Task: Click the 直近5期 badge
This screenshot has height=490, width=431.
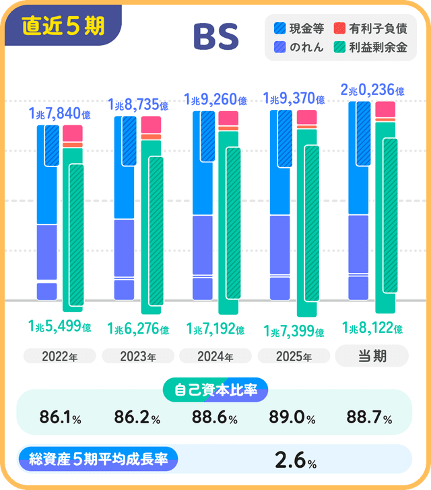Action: point(63,26)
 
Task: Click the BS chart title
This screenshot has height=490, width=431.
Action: point(215,38)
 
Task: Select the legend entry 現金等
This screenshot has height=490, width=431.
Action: point(300,29)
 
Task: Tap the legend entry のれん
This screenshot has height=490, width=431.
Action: point(300,47)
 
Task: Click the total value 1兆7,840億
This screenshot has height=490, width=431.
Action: point(60,114)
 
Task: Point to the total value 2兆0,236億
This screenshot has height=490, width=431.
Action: point(372,90)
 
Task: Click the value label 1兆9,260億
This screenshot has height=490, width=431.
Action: point(214,100)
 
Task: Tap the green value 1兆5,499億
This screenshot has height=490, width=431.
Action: point(60,326)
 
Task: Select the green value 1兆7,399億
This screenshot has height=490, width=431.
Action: point(294,332)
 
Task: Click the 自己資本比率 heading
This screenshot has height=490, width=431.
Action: point(215,390)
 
